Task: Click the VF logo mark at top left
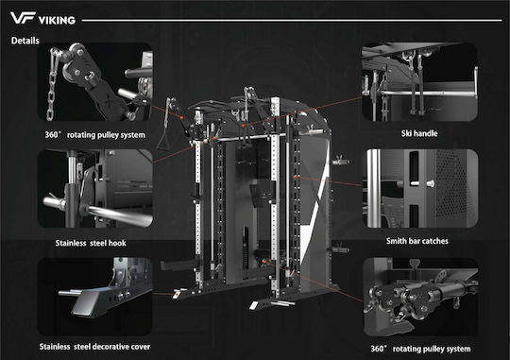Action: [23, 18]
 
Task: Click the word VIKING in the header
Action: [57, 21]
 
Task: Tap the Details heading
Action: [25, 41]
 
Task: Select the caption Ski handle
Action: [419, 133]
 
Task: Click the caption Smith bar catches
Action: [417, 241]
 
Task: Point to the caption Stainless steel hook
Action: [91, 243]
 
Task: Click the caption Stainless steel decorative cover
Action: [94, 347]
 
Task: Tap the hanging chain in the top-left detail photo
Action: [53, 85]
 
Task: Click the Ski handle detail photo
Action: [419, 81]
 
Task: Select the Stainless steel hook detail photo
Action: [95, 188]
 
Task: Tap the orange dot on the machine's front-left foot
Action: [177, 294]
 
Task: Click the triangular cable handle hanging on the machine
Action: [161, 143]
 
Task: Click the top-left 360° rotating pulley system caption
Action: [95, 135]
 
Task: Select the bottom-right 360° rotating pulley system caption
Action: [420, 349]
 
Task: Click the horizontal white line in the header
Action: [292, 20]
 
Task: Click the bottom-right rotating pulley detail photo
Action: [420, 297]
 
